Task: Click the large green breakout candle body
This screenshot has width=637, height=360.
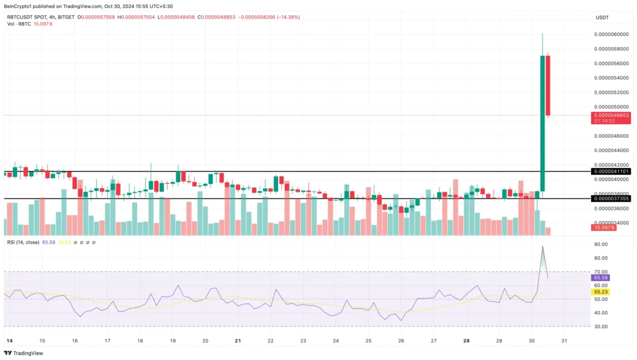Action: click(x=543, y=122)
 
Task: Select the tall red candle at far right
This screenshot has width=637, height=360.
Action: click(x=548, y=85)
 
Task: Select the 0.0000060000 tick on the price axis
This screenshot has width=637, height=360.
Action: click(x=612, y=35)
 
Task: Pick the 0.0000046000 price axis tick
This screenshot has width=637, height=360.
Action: click(x=612, y=136)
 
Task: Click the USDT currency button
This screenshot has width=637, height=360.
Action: click(x=602, y=18)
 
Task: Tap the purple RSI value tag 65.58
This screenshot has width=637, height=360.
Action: click(x=600, y=278)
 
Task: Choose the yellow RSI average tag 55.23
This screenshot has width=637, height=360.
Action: click(x=600, y=292)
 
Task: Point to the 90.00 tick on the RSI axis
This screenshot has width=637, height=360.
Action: click(x=600, y=244)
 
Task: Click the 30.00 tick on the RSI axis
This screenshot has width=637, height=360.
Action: click(x=600, y=327)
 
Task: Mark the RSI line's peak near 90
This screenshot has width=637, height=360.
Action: click(x=543, y=246)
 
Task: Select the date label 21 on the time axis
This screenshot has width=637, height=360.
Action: click(x=238, y=340)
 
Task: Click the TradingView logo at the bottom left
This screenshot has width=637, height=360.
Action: click(x=23, y=353)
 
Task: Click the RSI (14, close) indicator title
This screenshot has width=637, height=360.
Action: click(x=23, y=242)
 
